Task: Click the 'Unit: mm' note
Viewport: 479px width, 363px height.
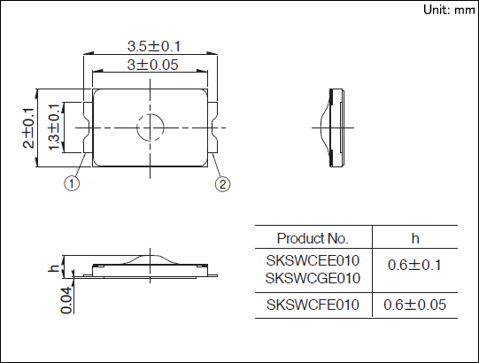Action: (449, 10)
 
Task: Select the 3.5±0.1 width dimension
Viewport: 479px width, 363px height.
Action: (154, 46)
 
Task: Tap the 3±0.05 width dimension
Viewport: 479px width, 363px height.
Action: (152, 65)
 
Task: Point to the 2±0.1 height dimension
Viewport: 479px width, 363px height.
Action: (28, 128)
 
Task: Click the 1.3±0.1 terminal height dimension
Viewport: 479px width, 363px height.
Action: (54, 127)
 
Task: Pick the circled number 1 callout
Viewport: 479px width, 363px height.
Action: (72, 183)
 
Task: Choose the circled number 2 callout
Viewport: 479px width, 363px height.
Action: (222, 184)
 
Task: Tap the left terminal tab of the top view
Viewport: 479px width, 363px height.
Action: (88, 127)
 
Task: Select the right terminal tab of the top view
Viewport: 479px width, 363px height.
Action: (212, 127)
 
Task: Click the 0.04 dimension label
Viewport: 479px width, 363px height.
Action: (67, 301)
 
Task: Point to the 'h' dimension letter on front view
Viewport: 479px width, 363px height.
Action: (54, 268)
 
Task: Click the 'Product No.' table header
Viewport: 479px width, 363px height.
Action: (313, 238)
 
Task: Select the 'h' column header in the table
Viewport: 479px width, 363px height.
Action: (415, 239)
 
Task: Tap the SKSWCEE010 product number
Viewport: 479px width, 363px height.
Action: (313, 260)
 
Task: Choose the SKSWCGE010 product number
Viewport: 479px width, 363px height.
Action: (313, 278)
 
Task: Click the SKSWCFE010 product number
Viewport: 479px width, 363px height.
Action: (313, 305)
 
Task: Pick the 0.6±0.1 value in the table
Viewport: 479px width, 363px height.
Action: (414, 265)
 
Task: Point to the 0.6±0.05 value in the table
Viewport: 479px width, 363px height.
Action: (414, 305)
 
